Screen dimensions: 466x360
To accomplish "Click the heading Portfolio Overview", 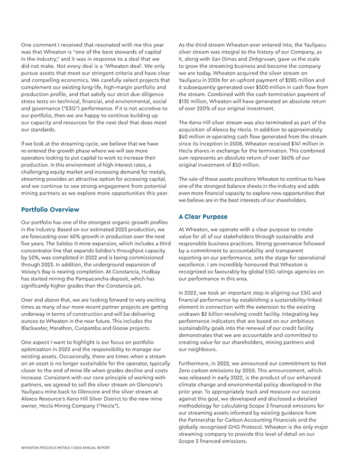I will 50,209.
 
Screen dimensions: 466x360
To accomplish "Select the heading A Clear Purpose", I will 203,217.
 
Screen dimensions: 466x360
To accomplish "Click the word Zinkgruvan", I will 254,59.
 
